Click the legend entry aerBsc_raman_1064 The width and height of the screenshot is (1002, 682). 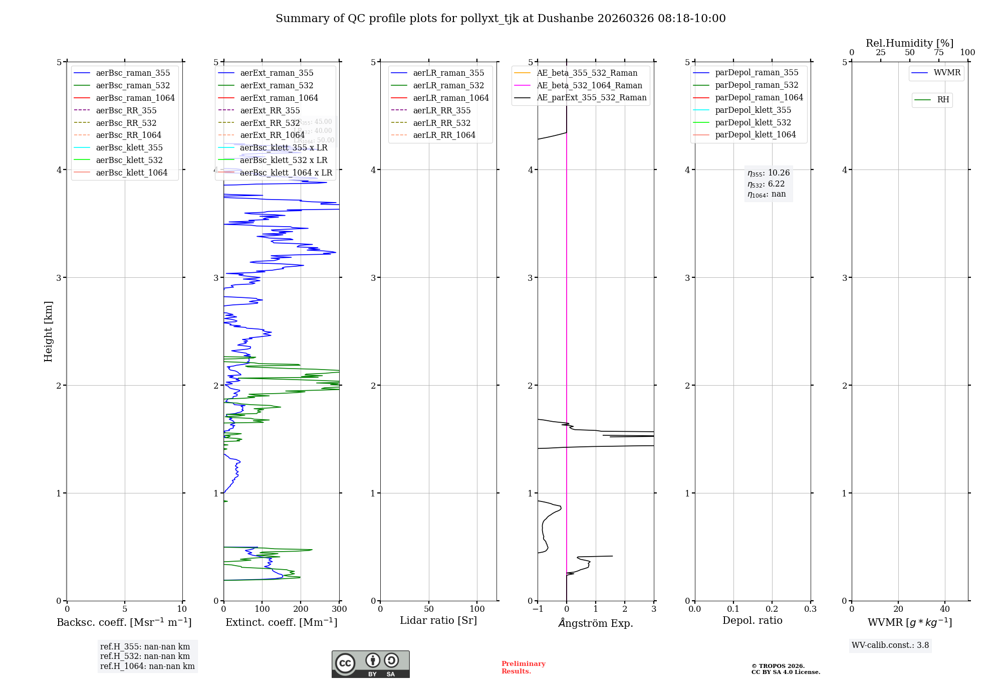click(x=135, y=98)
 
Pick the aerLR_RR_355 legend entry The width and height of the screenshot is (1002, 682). click(x=441, y=110)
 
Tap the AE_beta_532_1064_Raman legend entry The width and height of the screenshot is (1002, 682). click(x=589, y=85)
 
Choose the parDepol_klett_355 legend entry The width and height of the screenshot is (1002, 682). click(x=753, y=110)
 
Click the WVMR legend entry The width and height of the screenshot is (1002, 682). click(x=947, y=73)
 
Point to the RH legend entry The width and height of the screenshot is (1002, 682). click(x=943, y=100)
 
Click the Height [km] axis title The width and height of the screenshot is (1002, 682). click(x=48, y=331)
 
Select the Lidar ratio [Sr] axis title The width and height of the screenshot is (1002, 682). click(x=438, y=620)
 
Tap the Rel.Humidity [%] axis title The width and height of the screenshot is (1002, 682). click(x=909, y=43)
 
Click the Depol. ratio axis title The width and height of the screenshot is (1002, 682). click(x=752, y=620)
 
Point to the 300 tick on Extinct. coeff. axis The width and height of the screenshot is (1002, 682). click(x=339, y=609)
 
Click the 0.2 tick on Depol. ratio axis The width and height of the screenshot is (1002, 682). click(x=772, y=609)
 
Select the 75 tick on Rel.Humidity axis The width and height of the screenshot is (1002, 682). click(x=938, y=53)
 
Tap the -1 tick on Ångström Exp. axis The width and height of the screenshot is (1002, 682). click(x=538, y=609)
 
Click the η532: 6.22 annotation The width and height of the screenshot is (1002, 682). click(x=766, y=184)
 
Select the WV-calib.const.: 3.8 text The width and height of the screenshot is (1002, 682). click(x=890, y=645)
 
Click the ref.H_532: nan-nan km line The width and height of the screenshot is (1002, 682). click(x=145, y=656)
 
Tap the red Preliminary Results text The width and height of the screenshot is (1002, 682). click(x=523, y=667)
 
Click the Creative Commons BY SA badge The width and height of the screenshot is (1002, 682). click(x=370, y=664)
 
